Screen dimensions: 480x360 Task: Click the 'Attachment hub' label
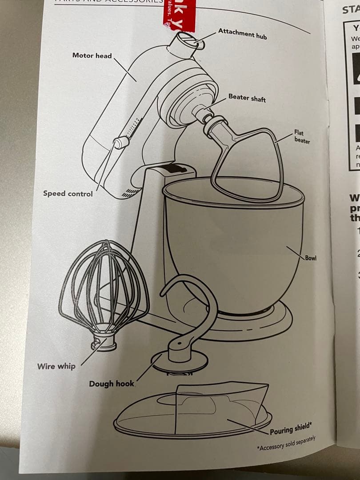pos(242,33)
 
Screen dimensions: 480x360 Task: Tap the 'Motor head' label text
pos(92,56)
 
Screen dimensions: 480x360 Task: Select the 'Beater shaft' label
pos(247,97)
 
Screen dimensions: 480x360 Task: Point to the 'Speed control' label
pos(68,193)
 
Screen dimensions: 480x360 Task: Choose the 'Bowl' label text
pos(310,258)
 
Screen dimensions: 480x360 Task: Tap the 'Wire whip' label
pos(56,366)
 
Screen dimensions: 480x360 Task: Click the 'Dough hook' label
pos(111,384)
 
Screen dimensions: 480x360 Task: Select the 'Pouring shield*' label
pos(291,429)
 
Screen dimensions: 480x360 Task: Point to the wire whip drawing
pos(104,289)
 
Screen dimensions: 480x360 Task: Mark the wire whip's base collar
pos(104,344)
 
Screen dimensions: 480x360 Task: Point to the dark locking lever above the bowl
pos(176,169)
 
